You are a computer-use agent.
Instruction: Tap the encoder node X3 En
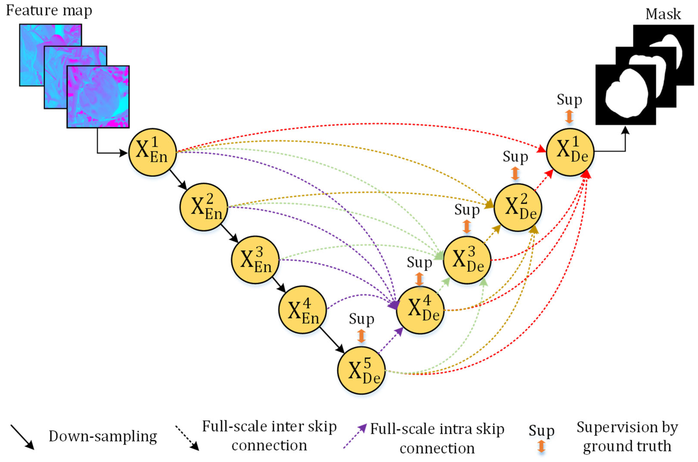pos(255,260)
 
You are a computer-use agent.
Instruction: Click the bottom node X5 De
pos(362,370)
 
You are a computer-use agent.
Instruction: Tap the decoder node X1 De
pos(570,152)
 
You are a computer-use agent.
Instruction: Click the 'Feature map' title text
pos(49,11)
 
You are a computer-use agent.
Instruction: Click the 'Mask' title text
pos(663,14)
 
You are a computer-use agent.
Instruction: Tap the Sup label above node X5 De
pos(362,319)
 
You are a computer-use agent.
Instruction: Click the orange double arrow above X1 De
pos(569,117)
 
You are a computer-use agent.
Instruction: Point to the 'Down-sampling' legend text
pos(103,436)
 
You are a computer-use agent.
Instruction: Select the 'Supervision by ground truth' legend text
pos(627,436)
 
